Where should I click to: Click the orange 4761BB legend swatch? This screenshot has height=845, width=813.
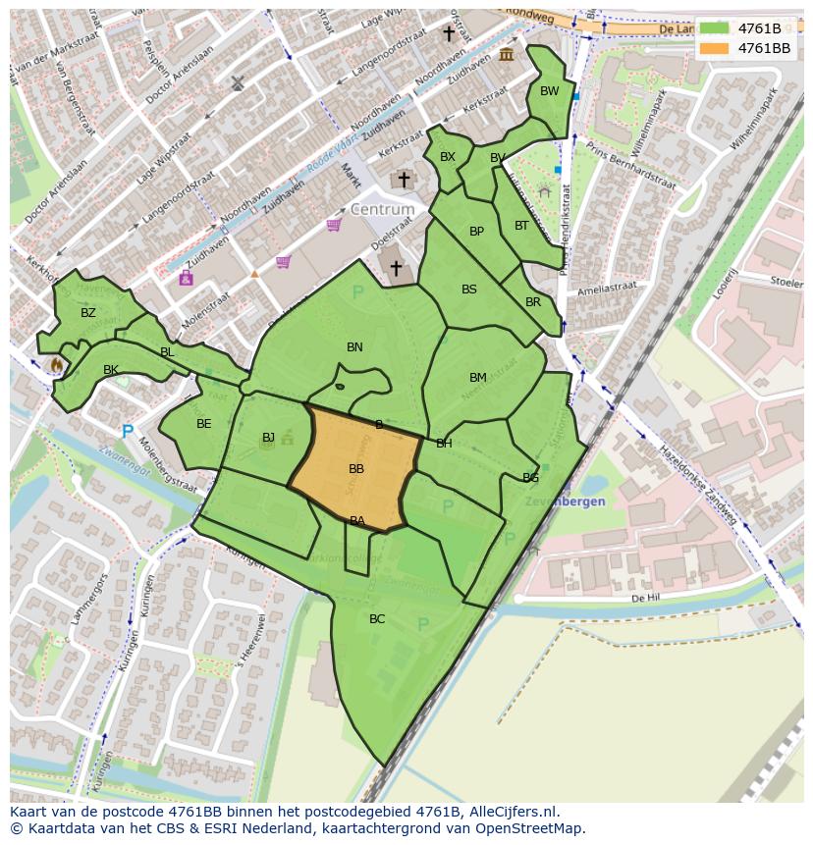coord(714,47)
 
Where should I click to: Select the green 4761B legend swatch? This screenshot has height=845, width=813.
coord(714,28)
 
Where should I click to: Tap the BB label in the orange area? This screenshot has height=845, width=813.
coord(356,469)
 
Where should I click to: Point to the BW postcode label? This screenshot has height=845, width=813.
coord(550,91)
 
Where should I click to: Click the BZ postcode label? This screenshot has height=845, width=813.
coord(88,313)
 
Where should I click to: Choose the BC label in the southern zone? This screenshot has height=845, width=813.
coord(377,619)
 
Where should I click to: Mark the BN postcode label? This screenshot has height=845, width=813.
coord(354,347)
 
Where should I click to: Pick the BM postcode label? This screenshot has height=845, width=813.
coord(478,378)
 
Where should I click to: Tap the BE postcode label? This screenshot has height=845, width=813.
coord(204,424)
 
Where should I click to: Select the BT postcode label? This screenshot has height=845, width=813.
coord(521,226)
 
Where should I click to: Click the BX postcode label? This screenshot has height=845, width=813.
coord(448,157)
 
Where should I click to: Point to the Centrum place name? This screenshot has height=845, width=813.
coord(383,210)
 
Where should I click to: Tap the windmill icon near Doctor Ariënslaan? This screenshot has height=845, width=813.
coord(237,83)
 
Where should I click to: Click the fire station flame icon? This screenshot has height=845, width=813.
coord(56,364)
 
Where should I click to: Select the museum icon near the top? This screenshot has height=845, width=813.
coord(507,54)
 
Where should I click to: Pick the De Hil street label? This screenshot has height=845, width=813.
coord(644,597)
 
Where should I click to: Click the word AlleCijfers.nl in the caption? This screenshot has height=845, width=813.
coord(510,812)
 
